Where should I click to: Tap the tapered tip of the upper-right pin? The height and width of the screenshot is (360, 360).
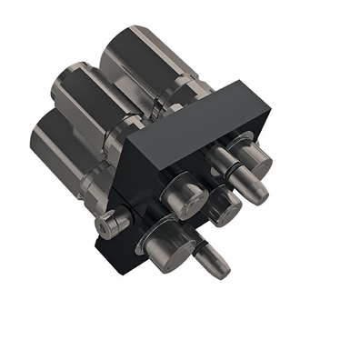[x=255, y=190]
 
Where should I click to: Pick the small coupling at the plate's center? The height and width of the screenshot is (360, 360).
[x=223, y=207]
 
